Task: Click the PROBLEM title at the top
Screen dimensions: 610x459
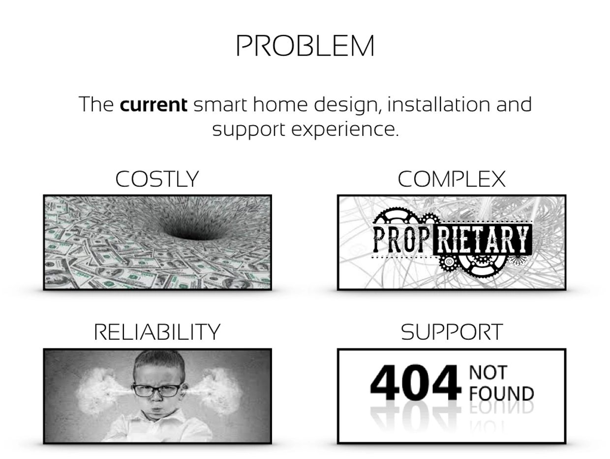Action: (305, 46)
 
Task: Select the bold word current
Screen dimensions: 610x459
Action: (153, 104)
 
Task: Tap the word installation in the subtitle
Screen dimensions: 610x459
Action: (438, 104)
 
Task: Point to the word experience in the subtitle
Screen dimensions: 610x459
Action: (345, 130)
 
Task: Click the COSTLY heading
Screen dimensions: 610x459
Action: (157, 179)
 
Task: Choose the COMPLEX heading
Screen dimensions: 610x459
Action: (451, 179)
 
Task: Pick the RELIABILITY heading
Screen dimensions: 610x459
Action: (157, 332)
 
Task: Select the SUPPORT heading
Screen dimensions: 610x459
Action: (452, 332)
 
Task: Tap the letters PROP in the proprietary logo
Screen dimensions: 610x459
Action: (401, 239)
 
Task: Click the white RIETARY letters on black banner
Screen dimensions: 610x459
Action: (482, 239)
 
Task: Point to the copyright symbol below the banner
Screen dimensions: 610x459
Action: (448, 262)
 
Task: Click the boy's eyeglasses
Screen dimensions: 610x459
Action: (157, 390)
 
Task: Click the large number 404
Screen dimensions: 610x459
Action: (414, 383)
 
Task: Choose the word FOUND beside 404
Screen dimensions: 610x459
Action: (501, 393)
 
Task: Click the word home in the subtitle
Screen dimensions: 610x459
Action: (280, 104)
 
